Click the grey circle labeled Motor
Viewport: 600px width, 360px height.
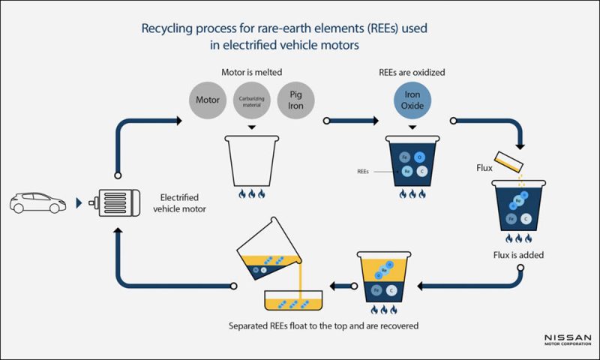[x=205, y=100]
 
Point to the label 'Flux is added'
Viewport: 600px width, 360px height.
[x=517, y=255]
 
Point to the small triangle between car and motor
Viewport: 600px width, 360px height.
[x=78, y=202]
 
